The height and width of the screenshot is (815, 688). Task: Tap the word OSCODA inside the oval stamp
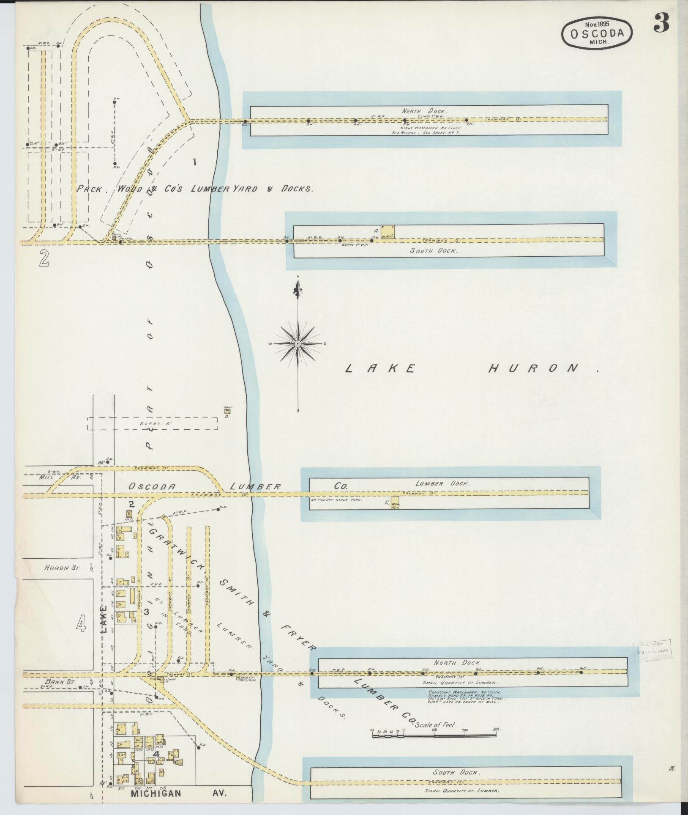pos(597,34)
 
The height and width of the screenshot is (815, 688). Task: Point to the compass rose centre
pos(298,343)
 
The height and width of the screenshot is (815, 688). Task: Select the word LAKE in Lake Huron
pos(379,368)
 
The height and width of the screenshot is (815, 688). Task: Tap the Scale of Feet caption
pos(436,725)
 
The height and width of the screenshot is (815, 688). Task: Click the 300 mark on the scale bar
pos(496,730)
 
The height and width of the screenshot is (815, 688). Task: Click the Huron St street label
pos(62,568)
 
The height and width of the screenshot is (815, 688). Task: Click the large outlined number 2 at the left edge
pos(43,259)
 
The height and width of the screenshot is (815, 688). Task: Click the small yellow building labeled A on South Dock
pos(387,232)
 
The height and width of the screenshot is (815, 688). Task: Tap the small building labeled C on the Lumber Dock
pos(395,502)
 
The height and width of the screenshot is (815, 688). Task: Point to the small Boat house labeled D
pos(227,410)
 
